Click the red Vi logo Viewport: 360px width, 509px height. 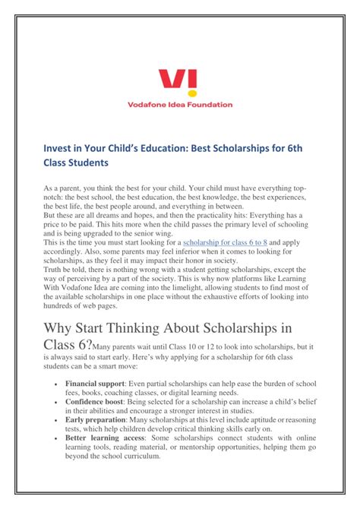coord(179,81)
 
